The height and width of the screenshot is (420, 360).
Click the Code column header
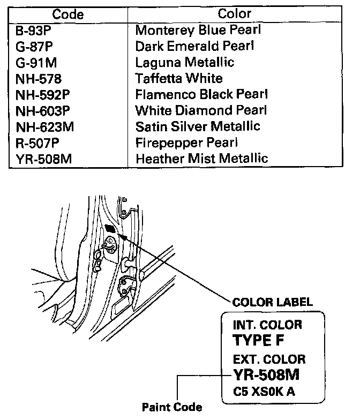click(x=68, y=14)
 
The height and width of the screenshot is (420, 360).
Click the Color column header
click(x=235, y=14)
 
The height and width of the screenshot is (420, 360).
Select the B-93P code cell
click(x=33, y=31)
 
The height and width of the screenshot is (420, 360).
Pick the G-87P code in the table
click(x=34, y=46)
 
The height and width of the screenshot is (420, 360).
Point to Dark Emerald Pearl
click(x=194, y=46)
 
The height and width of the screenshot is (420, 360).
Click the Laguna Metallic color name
click(x=185, y=62)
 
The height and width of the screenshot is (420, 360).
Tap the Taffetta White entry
click(x=179, y=79)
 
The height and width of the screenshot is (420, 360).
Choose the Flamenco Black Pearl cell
click(x=201, y=95)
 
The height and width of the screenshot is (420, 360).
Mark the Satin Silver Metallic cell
click(x=198, y=126)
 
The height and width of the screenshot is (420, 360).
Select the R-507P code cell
click(x=36, y=143)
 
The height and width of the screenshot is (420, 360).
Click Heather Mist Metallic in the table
click(x=201, y=159)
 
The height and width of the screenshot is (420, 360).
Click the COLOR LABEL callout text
click(x=273, y=302)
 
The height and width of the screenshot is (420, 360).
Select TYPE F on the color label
click(x=259, y=340)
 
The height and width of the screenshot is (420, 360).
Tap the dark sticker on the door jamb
click(x=110, y=229)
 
